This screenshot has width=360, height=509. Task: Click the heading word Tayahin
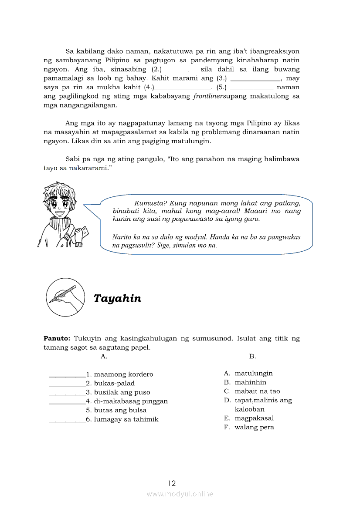pyautogui.click(x=117, y=298)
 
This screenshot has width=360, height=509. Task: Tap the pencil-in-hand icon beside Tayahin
pyautogui.click(x=65, y=297)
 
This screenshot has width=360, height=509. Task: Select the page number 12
pyautogui.click(x=172, y=483)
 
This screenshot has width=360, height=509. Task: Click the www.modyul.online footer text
pyautogui.click(x=180, y=494)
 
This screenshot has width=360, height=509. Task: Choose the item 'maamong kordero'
pyautogui.click(x=123, y=374)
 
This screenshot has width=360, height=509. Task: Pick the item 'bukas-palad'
pyautogui.click(x=114, y=383)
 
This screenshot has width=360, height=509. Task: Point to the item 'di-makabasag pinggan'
pyautogui.click(x=131, y=401)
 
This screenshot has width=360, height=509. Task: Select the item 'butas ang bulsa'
pyautogui.click(x=120, y=410)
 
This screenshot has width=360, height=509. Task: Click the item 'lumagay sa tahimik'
pyautogui.click(x=126, y=419)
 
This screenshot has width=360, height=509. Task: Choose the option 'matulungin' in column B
pyautogui.click(x=254, y=373)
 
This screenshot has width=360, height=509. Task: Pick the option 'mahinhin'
pyautogui.click(x=251, y=382)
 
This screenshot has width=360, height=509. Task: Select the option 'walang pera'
pyautogui.click(x=255, y=427)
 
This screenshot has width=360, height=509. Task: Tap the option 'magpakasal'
pyautogui.click(x=255, y=418)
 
